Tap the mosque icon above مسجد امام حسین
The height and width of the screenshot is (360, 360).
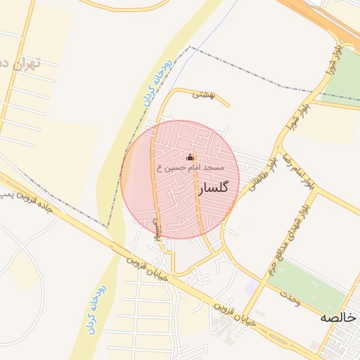tap(189, 157)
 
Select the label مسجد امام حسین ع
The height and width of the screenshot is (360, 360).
tap(190, 169)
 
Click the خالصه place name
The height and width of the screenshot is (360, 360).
tap(337, 317)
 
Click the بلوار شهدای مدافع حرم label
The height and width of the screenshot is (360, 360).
tap(292, 240)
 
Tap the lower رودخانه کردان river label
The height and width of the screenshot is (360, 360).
tap(96, 309)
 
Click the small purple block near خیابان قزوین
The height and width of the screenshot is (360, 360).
tap(251, 287)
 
